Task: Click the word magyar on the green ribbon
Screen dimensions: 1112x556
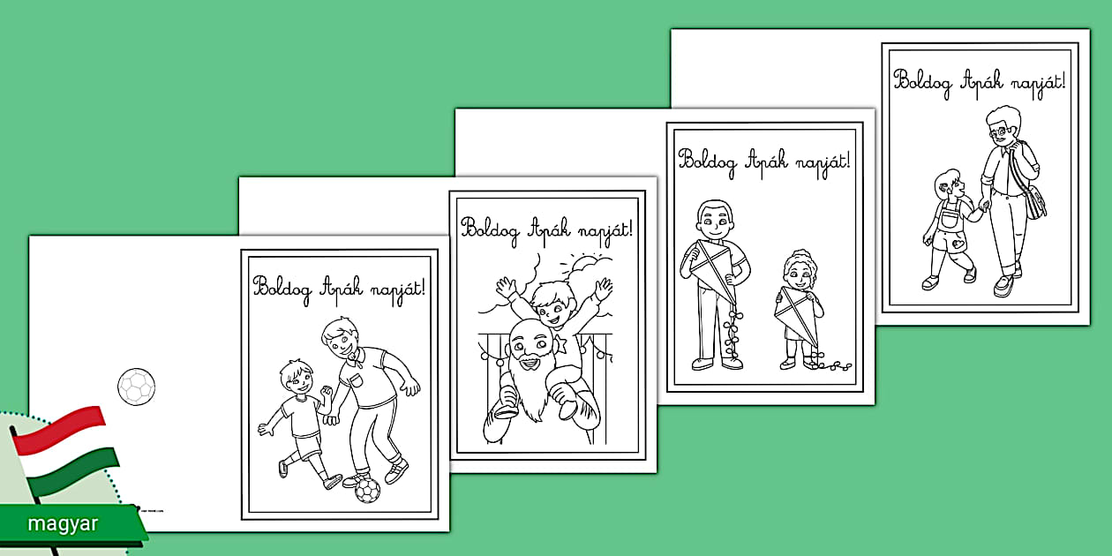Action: pyautogui.click(x=63, y=523)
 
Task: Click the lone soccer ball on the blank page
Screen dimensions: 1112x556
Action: pyautogui.click(x=137, y=387)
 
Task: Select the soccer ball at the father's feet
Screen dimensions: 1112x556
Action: pyautogui.click(x=367, y=490)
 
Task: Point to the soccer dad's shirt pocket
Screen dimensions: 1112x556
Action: pyautogui.click(x=357, y=380)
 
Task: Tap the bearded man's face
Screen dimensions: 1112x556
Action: pyautogui.click(x=530, y=349)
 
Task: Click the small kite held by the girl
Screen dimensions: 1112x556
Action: pyautogui.click(x=796, y=317)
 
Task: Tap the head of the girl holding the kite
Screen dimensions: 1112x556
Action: pyautogui.click(x=800, y=271)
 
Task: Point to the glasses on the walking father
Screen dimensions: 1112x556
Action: pyautogui.click(x=998, y=131)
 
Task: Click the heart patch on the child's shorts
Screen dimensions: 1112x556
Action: pyautogui.click(x=958, y=244)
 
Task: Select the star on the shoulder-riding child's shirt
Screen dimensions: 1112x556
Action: pyautogui.click(x=562, y=342)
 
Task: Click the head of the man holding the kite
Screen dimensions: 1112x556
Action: pyautogui.click(x=715, y=221)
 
